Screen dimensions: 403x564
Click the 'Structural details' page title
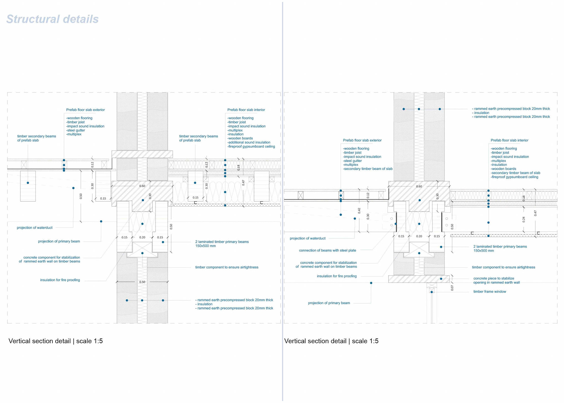pyautogui.click(x=52, y=19)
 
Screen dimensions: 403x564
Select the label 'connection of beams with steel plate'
pyautogui.click(x=327, y=250)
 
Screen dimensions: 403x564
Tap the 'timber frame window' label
pyautogui.click(x=489, y=292)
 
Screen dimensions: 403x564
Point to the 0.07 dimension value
pyautogui.click(x=452, y=288)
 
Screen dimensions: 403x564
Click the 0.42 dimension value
pyautogui.click(x=359, y=210)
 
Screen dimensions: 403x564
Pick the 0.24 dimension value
pyautogui.click(x=523, y=219)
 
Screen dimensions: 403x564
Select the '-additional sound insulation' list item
pyautogui.click(x=249, y=142)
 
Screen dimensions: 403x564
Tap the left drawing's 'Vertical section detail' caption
pyautogui.click(x=40, y=341)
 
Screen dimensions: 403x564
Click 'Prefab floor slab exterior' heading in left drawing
pyautogui.click(x=85, y=110)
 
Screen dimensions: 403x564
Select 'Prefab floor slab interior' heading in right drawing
pyautogui.click(x=509, y=141)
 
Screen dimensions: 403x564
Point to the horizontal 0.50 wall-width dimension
pyautogui.click(x=142, y=282)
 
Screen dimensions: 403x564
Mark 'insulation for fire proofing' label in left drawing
pyautogui.click(x=60, y=280)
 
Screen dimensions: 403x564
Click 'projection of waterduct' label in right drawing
pyautogui.click(x=307, y=238)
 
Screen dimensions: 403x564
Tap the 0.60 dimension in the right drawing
pyautogui.click(x=419, y=186)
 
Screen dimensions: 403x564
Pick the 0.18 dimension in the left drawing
pyautogui.click(x=239, y=168)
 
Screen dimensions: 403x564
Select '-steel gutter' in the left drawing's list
pyautogui.click(x=75, y=130)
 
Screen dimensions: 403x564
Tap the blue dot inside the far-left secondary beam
pyautogui.click(x=28, y=183)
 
